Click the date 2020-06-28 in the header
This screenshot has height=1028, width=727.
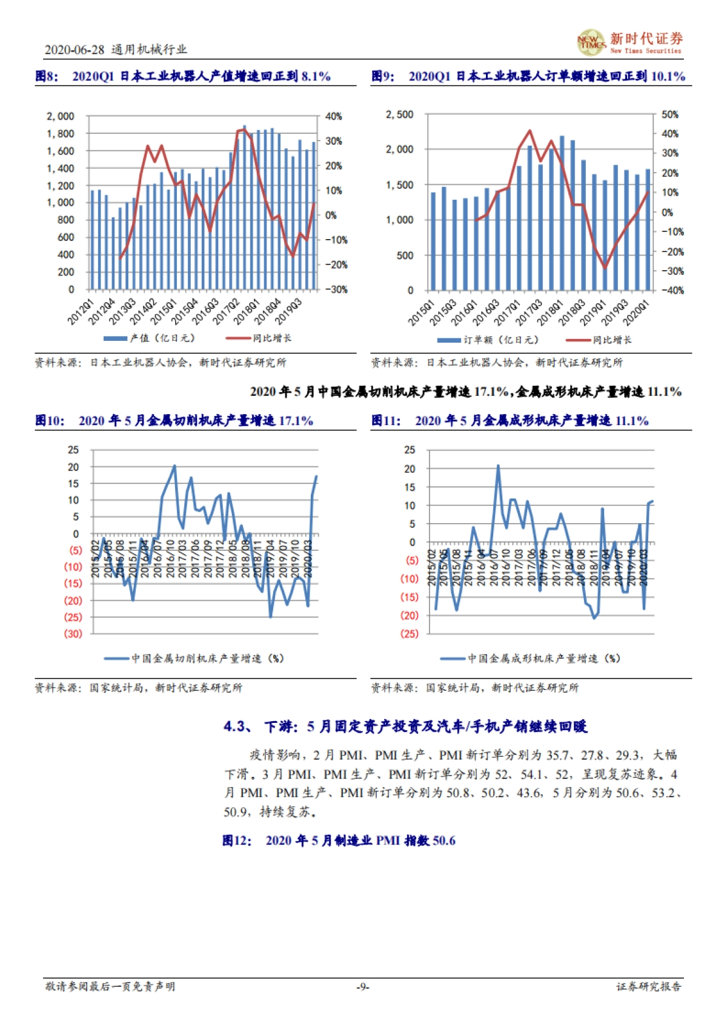75,50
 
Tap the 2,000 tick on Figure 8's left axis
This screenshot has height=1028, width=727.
61,116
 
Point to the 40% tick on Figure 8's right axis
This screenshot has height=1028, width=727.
334,116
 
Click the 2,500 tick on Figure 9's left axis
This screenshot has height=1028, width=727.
399,114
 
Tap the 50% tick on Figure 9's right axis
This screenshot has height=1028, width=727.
670,114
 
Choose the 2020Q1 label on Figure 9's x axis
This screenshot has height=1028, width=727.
636,312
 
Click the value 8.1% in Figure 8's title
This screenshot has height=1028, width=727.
316,76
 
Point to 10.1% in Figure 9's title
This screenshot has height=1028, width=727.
668,76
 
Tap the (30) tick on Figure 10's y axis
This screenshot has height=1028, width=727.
73,634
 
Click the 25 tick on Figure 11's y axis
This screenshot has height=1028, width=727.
410,450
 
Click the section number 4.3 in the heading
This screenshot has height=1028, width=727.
236,727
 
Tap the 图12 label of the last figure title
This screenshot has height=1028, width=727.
236,840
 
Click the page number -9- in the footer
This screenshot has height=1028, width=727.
362,987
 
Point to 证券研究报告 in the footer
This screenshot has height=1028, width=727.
649,987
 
